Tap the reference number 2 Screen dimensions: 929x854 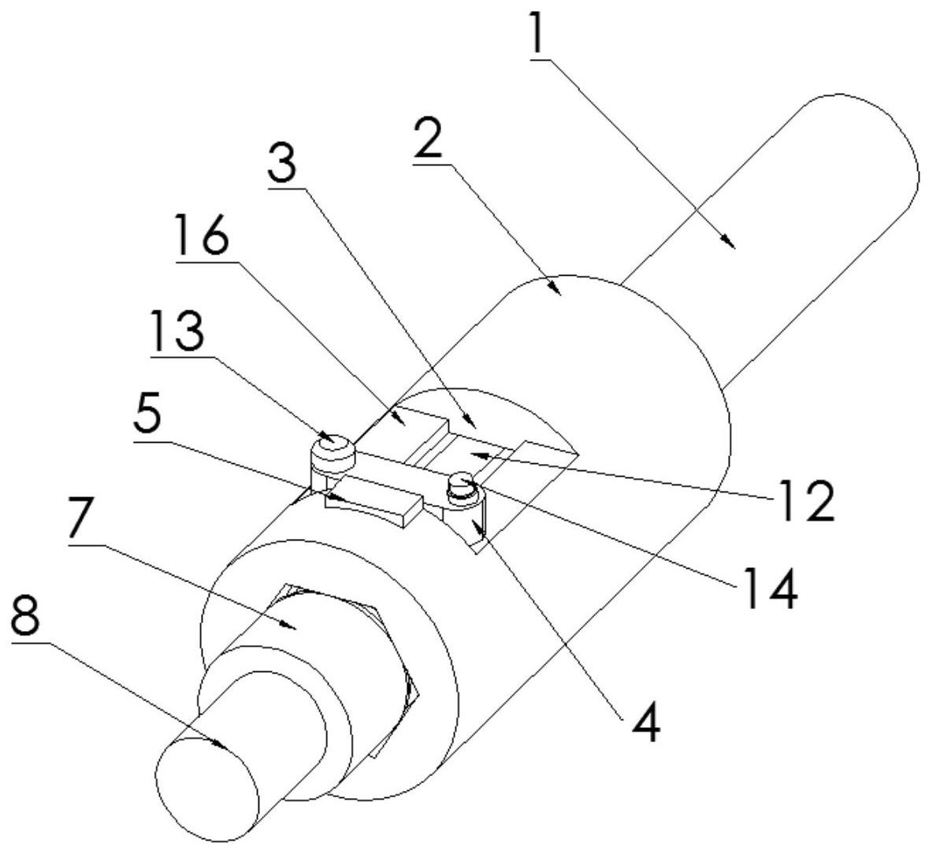[428, 137]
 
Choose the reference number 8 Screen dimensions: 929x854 [25, 618]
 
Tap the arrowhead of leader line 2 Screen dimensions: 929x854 [555, 288]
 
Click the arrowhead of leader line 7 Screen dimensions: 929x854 [288, 625]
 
